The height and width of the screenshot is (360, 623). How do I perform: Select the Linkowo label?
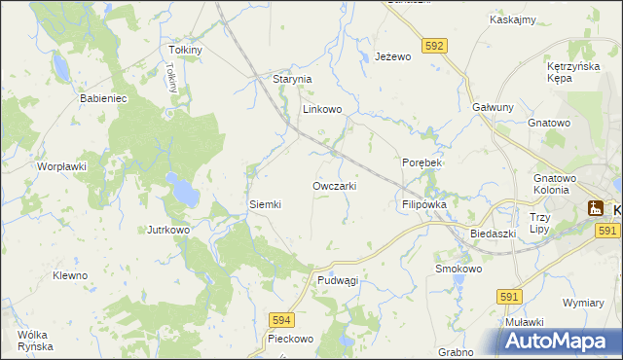click(321, 110)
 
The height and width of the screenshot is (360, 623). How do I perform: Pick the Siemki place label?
click(265, 204)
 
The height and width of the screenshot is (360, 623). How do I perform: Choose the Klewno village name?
click(70, 275)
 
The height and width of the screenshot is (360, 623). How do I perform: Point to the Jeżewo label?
click(394, 57)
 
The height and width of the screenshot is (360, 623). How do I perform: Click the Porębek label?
click(422, 162)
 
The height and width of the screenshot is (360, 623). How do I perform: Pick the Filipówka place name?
click(423, 205)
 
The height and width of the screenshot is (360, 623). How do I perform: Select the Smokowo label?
click(458, 268)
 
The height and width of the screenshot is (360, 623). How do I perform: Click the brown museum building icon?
click(595, 207)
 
